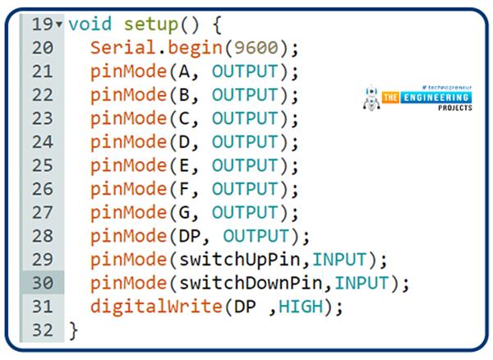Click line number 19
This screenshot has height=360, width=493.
pyautogui.click(x=40, y=25)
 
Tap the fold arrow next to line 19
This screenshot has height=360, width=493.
pyautogui.click(x=60, y=25)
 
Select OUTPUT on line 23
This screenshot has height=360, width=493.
pyautogui.click(x=245, y=118)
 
